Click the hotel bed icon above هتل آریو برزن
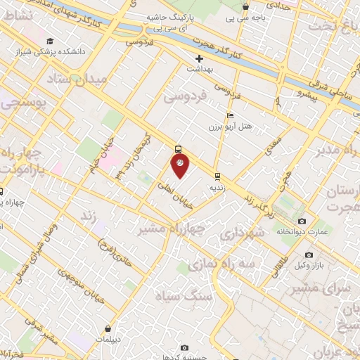pos(230,116)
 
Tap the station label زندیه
pos(217,188)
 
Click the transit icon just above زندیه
pos(217,176)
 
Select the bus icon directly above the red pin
pos(178,148)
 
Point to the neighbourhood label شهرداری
pos(242,232)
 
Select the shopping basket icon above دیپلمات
pos(107,328)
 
